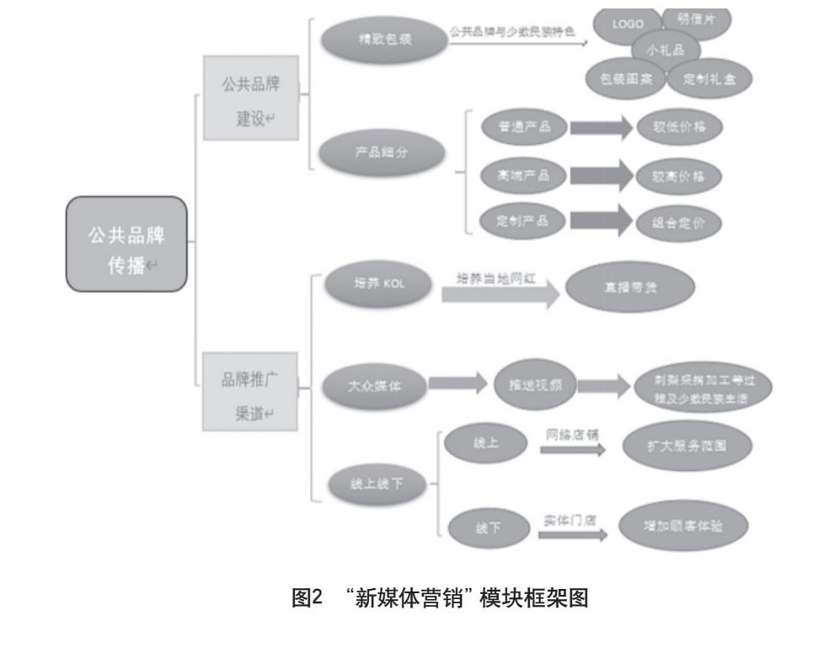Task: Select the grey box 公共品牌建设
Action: point(250,101)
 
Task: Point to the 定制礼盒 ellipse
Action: point(704,80)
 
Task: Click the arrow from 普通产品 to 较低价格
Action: point(601,128)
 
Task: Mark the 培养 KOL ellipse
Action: point(379,283)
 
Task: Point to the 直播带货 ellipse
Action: point(629,287)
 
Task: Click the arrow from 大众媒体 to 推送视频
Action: point(458,384)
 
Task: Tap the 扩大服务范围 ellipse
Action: point(686,445)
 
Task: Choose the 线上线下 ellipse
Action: point(378,486)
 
